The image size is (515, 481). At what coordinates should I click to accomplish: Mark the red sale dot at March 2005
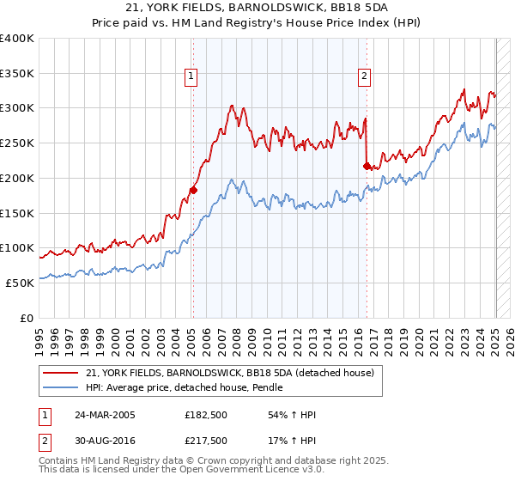(193, 190)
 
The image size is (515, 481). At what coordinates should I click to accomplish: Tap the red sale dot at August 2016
(367, 166)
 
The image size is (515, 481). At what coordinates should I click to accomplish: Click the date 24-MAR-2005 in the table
(106, 415)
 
